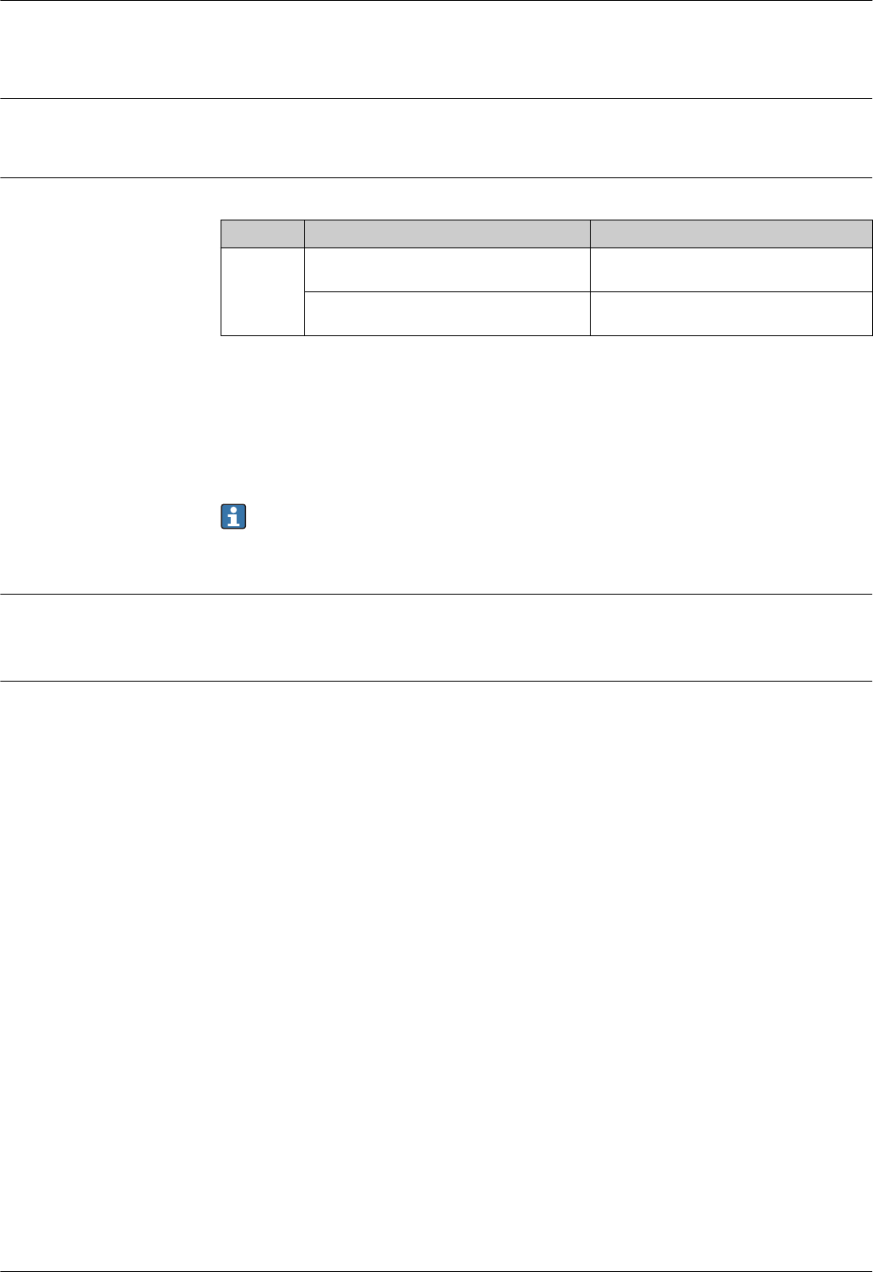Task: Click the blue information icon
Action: point(233,517)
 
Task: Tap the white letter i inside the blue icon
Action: point(233,517)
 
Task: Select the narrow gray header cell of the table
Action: point(262,233)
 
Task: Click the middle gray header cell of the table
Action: point(446,233)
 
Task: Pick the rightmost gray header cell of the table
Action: point(730,233)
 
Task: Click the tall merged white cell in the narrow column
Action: point(262,291)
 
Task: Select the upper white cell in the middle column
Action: point(446,269)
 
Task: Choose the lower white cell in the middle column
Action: point(446,314)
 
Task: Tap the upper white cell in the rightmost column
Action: point(730,269)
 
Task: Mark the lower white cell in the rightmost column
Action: point(730,314)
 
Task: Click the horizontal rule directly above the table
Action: point(436,177)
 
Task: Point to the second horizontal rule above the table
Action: point(436,99)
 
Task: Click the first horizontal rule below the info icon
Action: point(436,594)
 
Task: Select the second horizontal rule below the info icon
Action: point(436,681)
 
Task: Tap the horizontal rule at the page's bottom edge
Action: point(436,1270)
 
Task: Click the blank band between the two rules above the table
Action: point(436,139)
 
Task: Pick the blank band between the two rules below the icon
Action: point(436,638)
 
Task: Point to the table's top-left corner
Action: point(221,220)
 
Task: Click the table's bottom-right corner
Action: point(871,335)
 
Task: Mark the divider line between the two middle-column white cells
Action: point(446,291)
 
